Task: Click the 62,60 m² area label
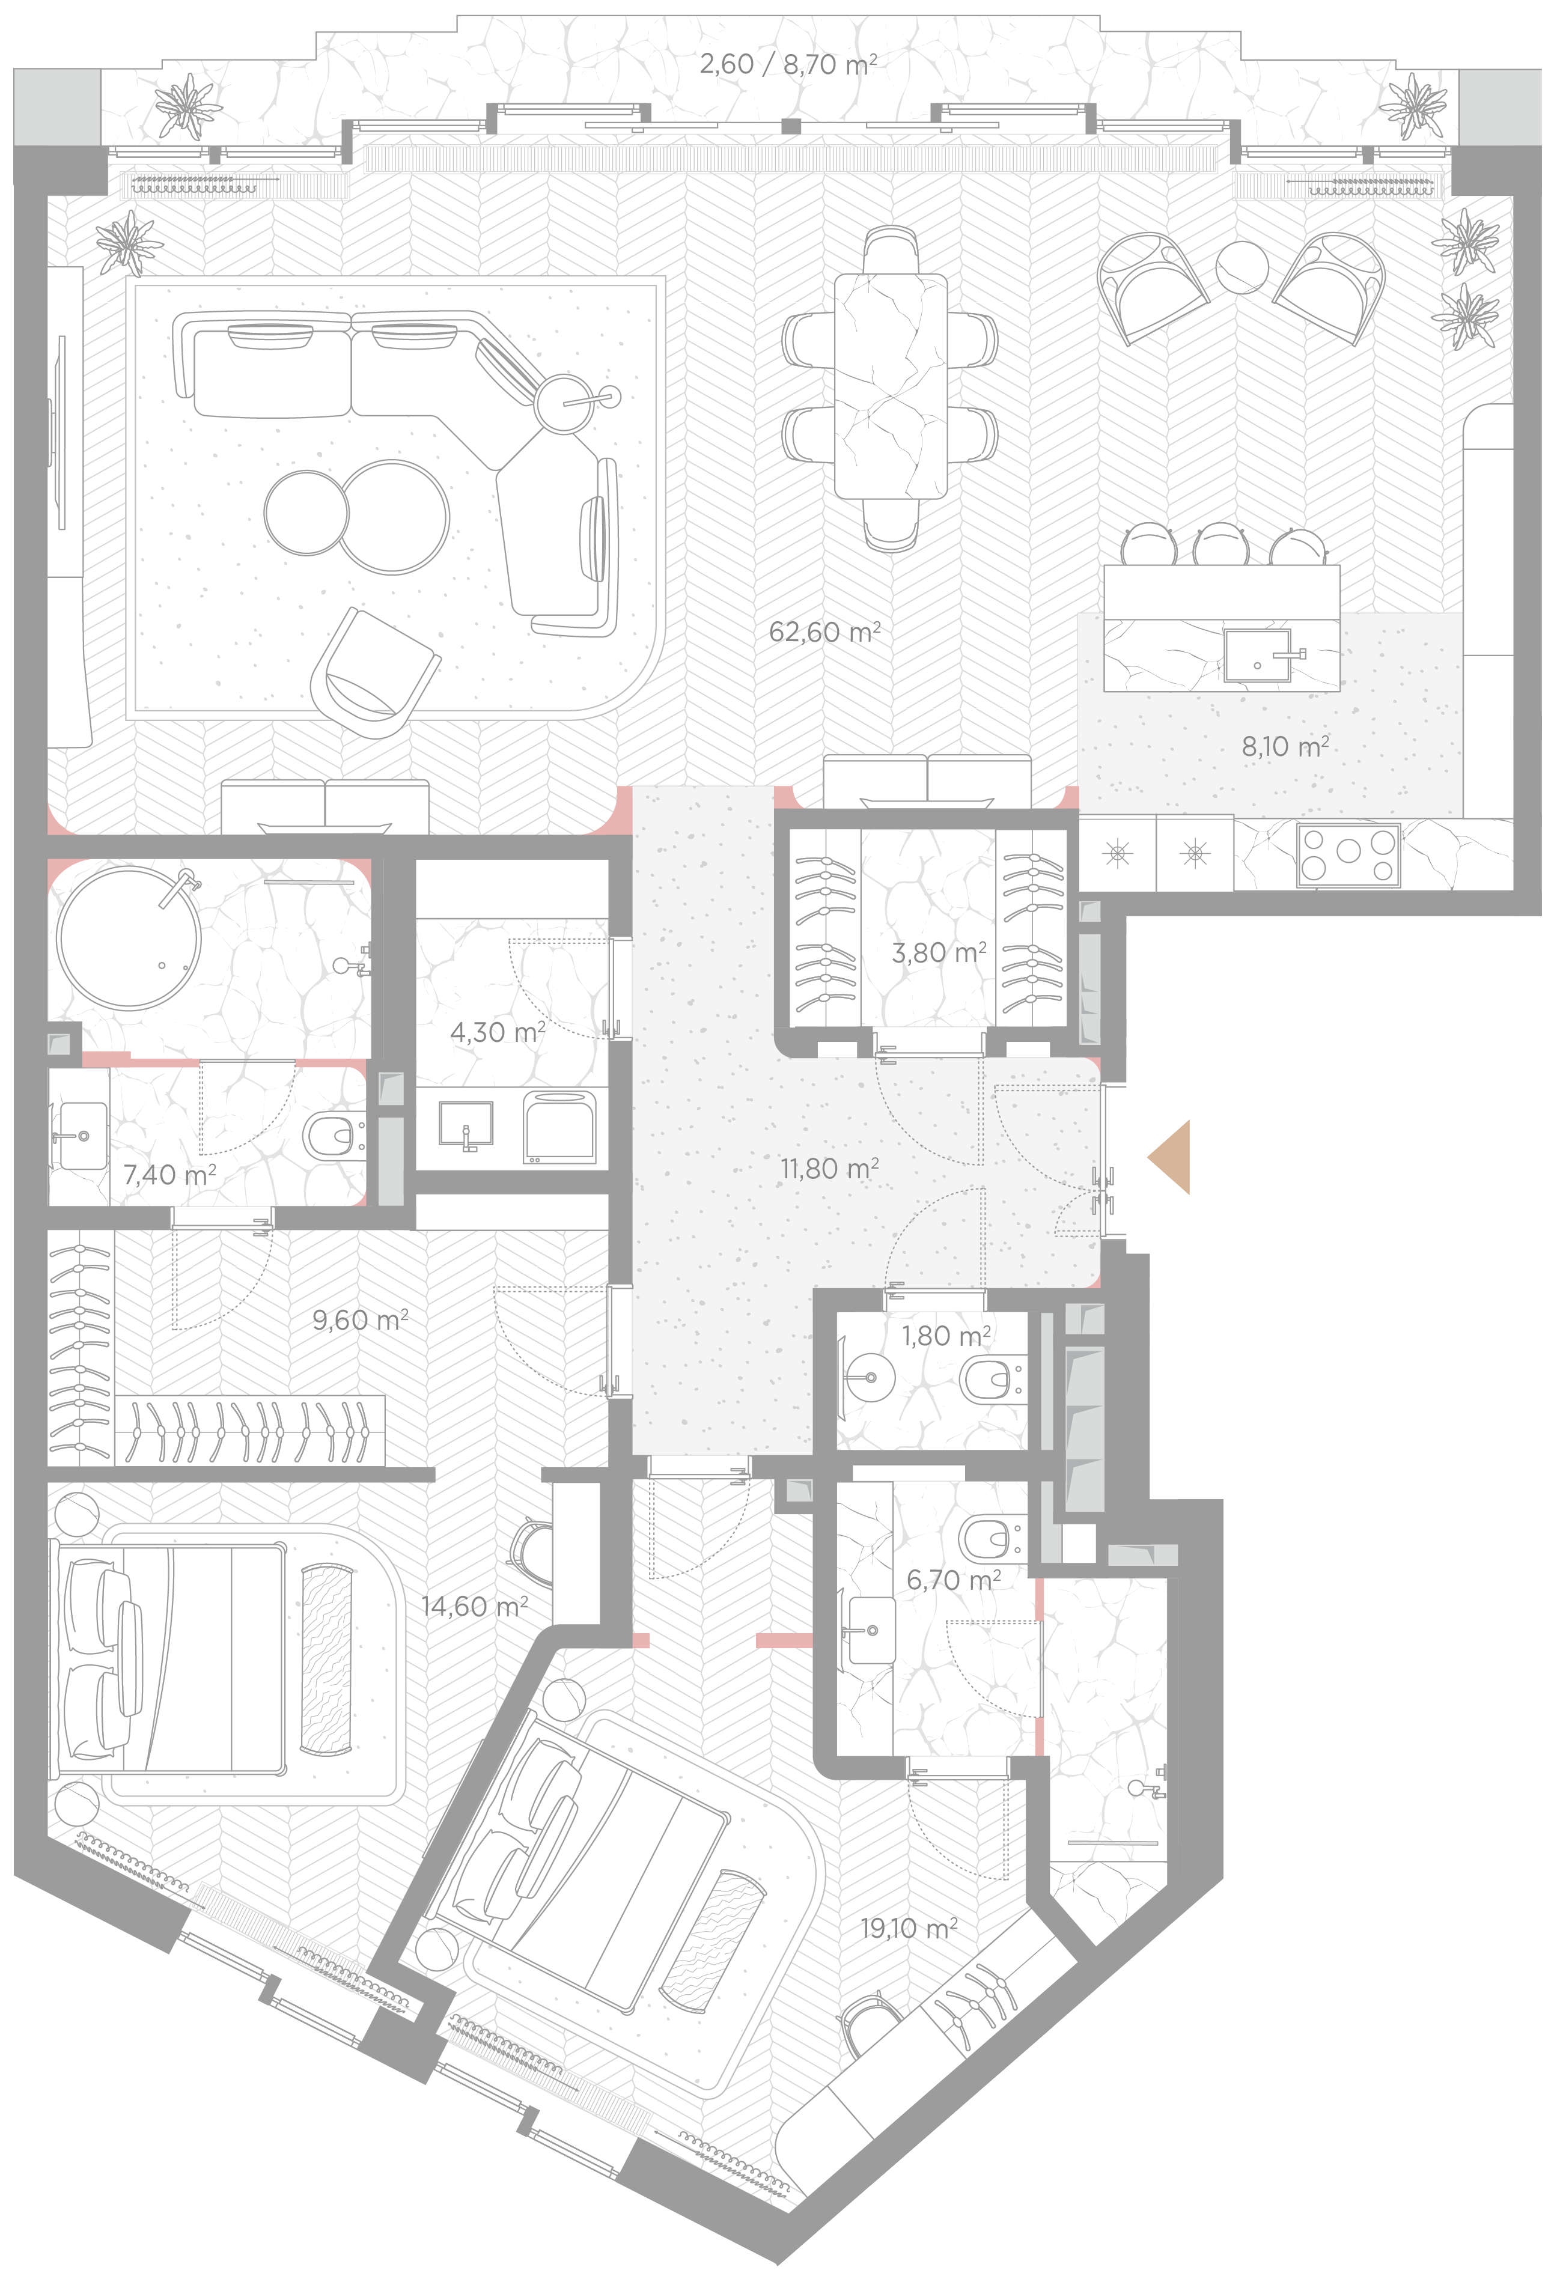click(x=824, y=633)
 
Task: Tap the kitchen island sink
click(x=1257, y=655)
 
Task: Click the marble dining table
click(x=891, y=388)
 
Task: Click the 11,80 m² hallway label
click(x=829, y=1169)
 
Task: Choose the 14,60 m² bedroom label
click(x=475, y=1606)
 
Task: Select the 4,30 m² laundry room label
click(x=497, y=1032)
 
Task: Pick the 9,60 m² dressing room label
click(x=360, y=1320)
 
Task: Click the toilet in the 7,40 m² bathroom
click(x=334, y=1137)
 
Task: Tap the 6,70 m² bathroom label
click(x=953, y=1580)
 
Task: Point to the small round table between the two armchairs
click(x=1242, y=267)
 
